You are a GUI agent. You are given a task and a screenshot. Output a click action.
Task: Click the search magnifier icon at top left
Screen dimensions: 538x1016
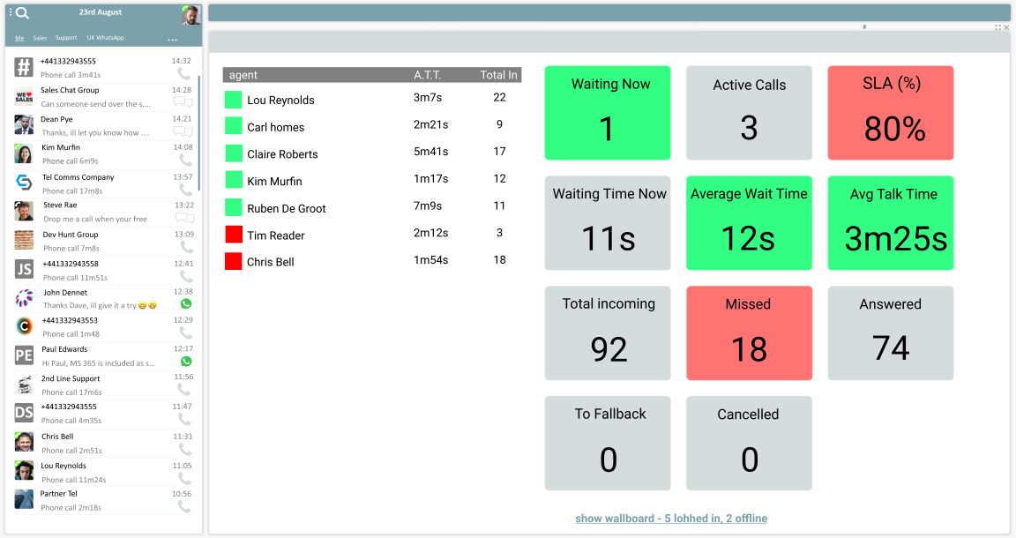[x=22, y=13]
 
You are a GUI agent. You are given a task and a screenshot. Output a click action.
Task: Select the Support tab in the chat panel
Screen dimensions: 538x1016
[x=66, y=38]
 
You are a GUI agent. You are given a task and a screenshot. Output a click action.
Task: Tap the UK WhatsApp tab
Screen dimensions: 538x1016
[x=105, y=38]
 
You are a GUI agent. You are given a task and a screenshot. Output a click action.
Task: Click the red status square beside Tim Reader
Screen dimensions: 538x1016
[x=234, y=235]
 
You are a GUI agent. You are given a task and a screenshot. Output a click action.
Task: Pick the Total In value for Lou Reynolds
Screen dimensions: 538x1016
[x=499, y=98]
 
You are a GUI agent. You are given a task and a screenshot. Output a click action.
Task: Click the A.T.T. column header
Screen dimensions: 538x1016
[x=428, y=75]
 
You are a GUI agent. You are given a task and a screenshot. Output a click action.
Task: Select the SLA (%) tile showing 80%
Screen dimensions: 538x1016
[x=891, y=113]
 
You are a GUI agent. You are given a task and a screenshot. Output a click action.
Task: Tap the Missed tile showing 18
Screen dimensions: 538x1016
[x=749, y=333]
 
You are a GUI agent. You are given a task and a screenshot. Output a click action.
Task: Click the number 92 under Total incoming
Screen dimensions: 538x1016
[x=609, y=349]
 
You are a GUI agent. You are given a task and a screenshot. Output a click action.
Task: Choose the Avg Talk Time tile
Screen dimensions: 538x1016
[x=891, y=222]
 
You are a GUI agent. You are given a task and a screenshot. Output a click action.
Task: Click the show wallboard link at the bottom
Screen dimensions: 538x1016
[x=671, y=519]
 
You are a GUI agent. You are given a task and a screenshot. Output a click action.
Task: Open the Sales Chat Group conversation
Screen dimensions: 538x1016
[x=71, y=90]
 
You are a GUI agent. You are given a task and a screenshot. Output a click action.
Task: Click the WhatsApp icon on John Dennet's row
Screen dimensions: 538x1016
[x=185, y=303]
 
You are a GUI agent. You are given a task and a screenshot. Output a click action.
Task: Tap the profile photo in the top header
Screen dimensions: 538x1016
[x=190, y=15]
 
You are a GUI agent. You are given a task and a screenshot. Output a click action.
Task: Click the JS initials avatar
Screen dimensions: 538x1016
[x=24, y=269]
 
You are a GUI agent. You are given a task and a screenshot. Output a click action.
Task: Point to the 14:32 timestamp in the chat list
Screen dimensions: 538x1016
[x=182, y=61]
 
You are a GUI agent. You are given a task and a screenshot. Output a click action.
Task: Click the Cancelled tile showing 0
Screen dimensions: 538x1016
[x=749, y=443]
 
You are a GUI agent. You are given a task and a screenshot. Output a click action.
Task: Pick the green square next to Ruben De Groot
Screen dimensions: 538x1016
[x=234, y=207]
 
